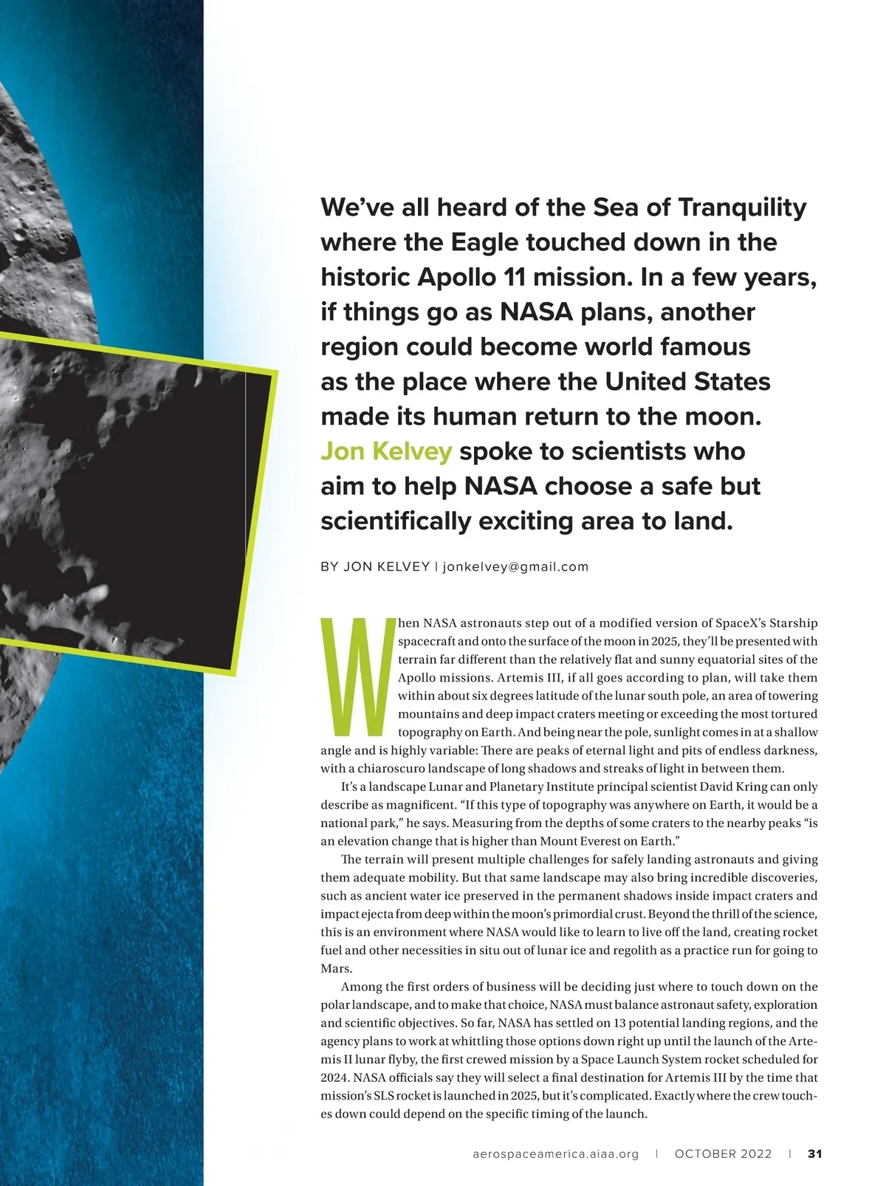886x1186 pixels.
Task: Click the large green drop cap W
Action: pos(355,677)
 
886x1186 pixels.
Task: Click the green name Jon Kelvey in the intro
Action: pos(385,451)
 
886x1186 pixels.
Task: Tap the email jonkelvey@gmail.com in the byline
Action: pos(515,566)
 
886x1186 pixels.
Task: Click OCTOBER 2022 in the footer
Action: pos(723,1154)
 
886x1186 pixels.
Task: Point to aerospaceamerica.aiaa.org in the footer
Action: pos(555,1154)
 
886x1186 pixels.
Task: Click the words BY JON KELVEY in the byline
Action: pos(375,566)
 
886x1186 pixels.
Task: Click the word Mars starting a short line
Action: pos(336,968)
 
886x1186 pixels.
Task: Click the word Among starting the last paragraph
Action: pos(362,987)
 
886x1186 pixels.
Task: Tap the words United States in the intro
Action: pos(687,382)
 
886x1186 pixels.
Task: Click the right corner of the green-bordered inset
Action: pos(278,371)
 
